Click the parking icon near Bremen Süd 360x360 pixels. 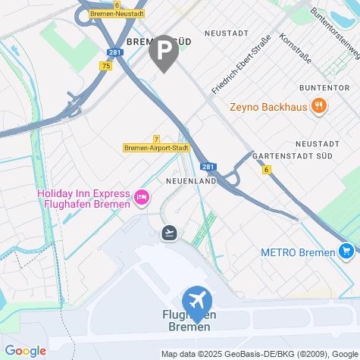click(x=164, y=52)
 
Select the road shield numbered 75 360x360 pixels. click(x=105, y=67)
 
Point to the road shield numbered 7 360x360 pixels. click(x=156, y=139)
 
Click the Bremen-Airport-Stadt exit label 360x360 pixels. click(x=156, y=148)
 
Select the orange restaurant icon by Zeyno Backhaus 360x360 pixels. click(x=319, y=107)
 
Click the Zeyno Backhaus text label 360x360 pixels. click(x=268, y=107)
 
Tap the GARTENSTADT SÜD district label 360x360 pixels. click(x=305, y=156)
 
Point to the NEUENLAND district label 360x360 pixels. click(x=191, y=182)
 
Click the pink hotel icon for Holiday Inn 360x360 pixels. click(x=141, y=199)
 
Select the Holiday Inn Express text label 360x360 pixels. click(x=83, y=199)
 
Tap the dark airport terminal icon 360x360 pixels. click(x=170, y=232)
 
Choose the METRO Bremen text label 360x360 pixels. click(x=298, y=252)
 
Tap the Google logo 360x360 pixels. click(x=25, y=351)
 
